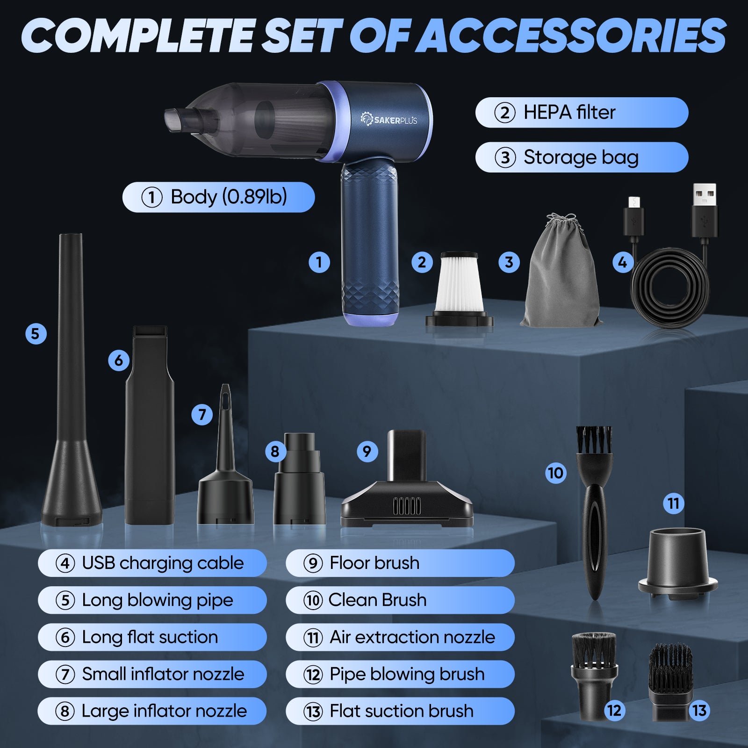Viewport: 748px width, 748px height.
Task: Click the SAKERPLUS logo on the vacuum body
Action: [388, 119]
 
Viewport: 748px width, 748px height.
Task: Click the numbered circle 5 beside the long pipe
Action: [36, 334]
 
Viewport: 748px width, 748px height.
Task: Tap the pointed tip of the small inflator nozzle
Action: [225, 386]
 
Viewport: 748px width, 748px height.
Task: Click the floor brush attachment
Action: [407, 482]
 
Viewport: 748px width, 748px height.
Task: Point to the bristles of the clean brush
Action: [594, 440]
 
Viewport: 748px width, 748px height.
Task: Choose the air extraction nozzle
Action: [678, 563]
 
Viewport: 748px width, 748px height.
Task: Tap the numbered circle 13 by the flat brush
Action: [699, 711]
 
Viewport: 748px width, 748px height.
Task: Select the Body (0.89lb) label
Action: [218, 197]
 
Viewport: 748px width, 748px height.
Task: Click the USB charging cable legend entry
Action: [152, 563]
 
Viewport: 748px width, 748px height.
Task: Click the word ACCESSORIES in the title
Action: [571, 36]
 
